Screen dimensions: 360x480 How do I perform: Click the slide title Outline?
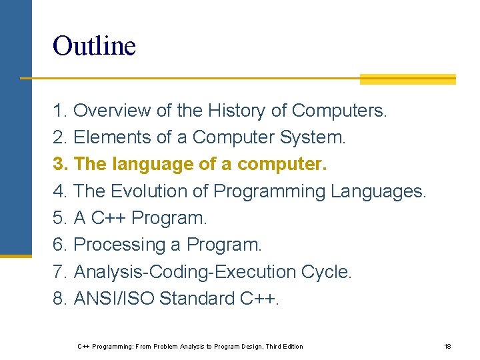pyautogui.click(x=94, y=46)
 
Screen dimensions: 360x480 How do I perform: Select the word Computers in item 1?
pyautogui.click(x=339, y=111)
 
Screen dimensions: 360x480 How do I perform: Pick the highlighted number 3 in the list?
pyautogui.click(x=59, y=164)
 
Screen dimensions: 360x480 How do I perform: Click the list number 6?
pyautogui.click(x=59, y=245)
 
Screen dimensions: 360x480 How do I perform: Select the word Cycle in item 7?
pyautogui.click(x=326, y=272)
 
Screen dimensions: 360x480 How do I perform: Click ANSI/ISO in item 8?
pyautogui.click(x=114, y=299)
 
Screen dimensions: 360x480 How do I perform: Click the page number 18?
pyautogui.click(x=447, y=346)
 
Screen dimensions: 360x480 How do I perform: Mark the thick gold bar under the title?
pyautogui.click(x=407, y=79)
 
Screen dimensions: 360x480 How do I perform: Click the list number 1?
pyautogui.click(x=59, y=111)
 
